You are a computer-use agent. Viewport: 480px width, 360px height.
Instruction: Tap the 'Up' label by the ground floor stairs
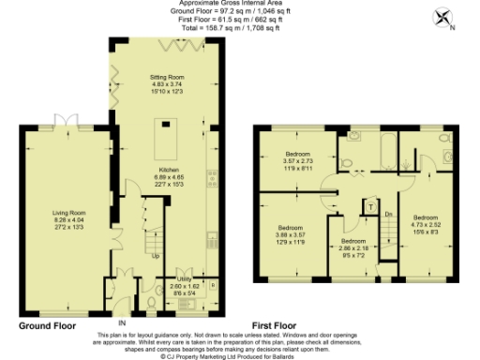(x=155, y=255)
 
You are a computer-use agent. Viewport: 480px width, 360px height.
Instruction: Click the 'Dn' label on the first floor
(x=387, y=214)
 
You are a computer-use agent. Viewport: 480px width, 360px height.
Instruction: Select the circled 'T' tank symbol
(x=370, y=205)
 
